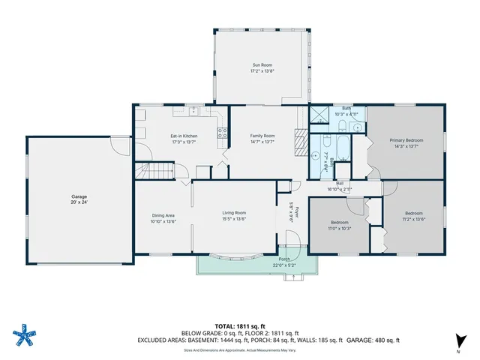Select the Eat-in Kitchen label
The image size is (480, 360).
tap(184, 136)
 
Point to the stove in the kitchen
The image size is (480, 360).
tap(222, 134)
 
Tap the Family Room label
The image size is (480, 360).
tap(262, 136)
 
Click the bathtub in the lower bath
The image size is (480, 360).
tap(342, 147)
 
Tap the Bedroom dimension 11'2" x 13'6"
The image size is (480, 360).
tap(414, 220)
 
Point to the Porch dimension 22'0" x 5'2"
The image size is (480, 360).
tap(285, 265)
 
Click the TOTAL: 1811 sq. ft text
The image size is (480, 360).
tap(240, 326)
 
